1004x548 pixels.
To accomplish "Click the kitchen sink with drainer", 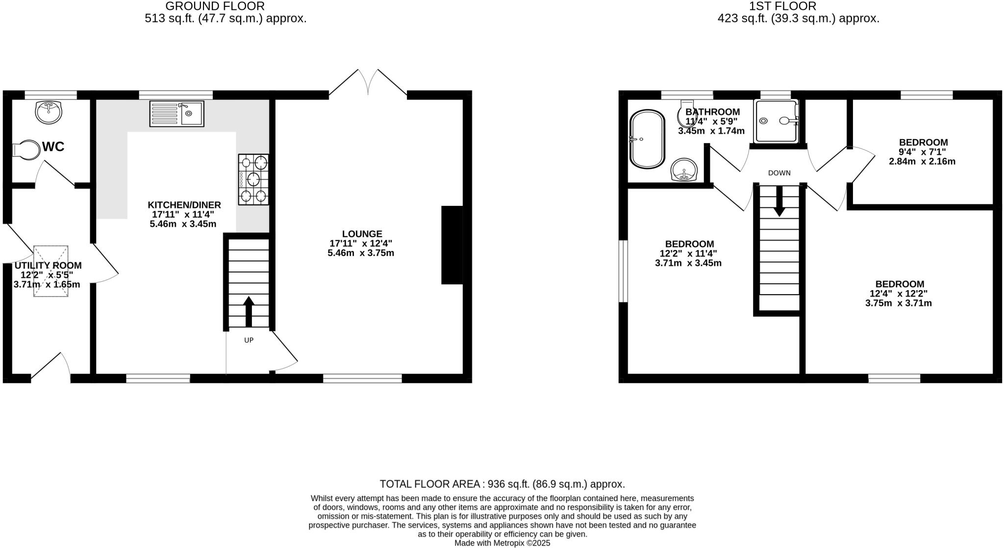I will click(x=176, y=114).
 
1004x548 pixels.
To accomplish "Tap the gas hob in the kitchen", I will click(x=253, y=179).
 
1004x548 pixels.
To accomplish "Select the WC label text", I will click(x=53, y=147).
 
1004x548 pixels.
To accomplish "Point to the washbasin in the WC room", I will click(x=49, y=112).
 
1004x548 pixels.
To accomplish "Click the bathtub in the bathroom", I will click(x=647, y=139).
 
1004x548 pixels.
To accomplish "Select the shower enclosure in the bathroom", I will click(x=777, y=121).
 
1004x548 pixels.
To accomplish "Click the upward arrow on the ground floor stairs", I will click(x=249, y=312).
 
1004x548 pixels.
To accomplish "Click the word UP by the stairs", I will click(x=249, y=340).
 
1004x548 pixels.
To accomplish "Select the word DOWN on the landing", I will click(x=779, y=173).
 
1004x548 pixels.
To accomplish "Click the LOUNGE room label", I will click(x=362, y=234).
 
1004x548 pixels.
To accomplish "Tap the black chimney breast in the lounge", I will click(x=452, y=245).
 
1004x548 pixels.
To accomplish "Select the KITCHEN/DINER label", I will click(x=184, y=205).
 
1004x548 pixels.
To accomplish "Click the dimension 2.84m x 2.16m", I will click(x=922, y=161).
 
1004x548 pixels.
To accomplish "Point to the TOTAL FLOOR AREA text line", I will click(x=502, y=484).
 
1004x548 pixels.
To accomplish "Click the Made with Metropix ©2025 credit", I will click(x=502, y=543).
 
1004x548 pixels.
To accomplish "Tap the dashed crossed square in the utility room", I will click(x=50, y=271).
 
